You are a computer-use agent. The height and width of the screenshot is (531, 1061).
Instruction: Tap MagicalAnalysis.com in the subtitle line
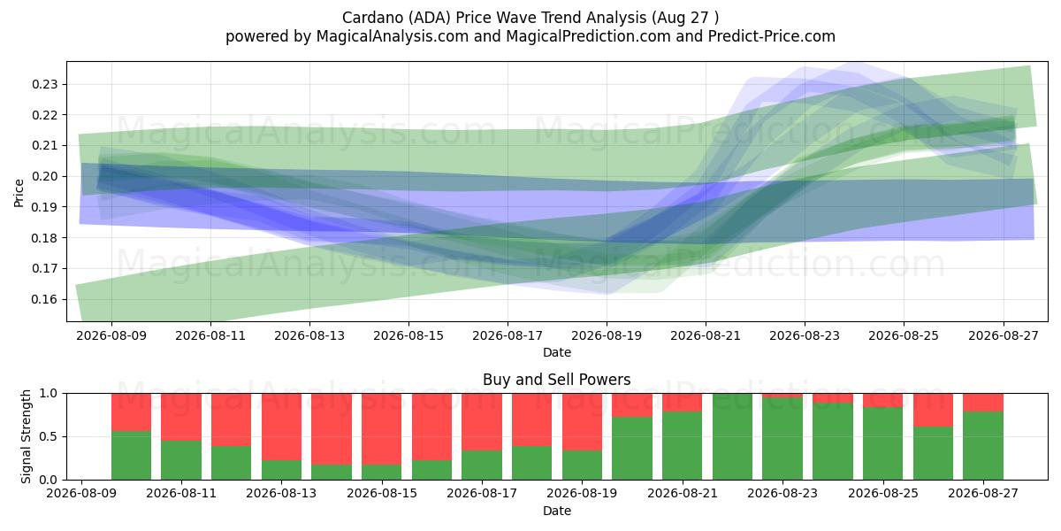(393, 36)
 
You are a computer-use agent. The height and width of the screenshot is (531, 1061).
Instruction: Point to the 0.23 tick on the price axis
(44, 84)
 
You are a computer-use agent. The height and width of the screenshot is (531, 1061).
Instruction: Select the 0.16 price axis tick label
(44, 299)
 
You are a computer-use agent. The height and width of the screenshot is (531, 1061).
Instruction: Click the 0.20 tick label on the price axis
(44, 176)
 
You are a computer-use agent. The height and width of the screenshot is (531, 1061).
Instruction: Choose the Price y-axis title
(19, 193)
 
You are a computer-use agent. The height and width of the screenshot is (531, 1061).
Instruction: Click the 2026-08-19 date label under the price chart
(607, 335)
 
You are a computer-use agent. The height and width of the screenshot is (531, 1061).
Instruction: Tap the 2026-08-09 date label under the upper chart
(111, 335)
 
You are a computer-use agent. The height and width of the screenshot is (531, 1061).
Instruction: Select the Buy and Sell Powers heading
(556, 380)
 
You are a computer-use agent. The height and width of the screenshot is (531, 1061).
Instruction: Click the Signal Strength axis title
(26, 436)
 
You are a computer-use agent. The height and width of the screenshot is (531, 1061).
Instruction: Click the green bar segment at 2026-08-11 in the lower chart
(181, 460)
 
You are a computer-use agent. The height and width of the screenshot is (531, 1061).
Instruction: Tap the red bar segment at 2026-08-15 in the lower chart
(382, 429)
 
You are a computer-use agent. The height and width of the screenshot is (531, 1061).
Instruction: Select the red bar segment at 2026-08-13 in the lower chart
(281, 427)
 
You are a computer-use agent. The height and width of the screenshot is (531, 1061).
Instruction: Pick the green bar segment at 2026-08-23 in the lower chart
(782, 439)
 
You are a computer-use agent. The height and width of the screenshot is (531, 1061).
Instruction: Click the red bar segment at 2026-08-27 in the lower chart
(983, 403)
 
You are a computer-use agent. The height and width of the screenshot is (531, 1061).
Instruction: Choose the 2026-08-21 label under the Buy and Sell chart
(682, 493)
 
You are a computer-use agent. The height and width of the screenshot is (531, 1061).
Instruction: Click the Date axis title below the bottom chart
(556, 512)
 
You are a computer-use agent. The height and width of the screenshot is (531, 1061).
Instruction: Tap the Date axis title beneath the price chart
(556, 353)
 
